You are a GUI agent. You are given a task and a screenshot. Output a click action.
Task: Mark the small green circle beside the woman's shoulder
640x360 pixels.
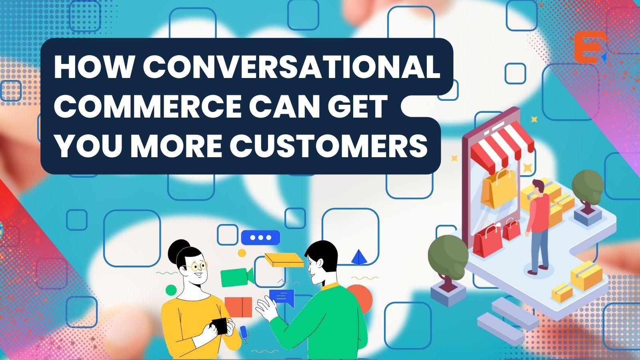(171, 290)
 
